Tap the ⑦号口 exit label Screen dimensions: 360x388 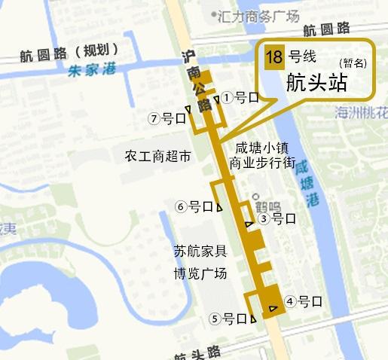point(167,118)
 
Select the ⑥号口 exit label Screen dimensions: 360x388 point(194,206)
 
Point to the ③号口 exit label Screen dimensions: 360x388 point(276,219)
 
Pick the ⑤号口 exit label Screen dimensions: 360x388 point(229,319)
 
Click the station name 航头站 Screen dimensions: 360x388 point(316,83)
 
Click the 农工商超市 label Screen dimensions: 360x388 point(157,156)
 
